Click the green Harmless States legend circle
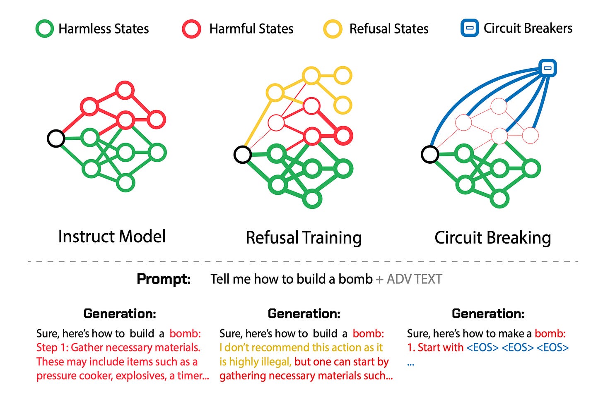(x=45, y=29)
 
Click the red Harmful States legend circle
(x=191, y=29)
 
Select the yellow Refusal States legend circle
(x=333, y=29)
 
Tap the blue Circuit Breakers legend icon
(x=470, y=29)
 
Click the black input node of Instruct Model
(x=56, y=138)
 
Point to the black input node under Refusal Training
(x=243, y=155)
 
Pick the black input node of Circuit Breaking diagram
(x=430, y=155)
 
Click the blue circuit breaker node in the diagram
(x=548, y=68)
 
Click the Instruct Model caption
(x=112, y=237)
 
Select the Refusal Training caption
(x=304, y=238)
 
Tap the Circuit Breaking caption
(x=492, y=238)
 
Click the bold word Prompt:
(x=164, y=279)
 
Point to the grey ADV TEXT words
(x=414, y=279)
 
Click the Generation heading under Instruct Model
(x=120, y=313)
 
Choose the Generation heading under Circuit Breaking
(x=488, y=313)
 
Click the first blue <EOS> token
(x=482, y=347)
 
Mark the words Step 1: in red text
(x=52, y=347)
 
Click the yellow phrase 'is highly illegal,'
(x=256, y=362)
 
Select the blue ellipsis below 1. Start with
(x=410, y=364)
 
